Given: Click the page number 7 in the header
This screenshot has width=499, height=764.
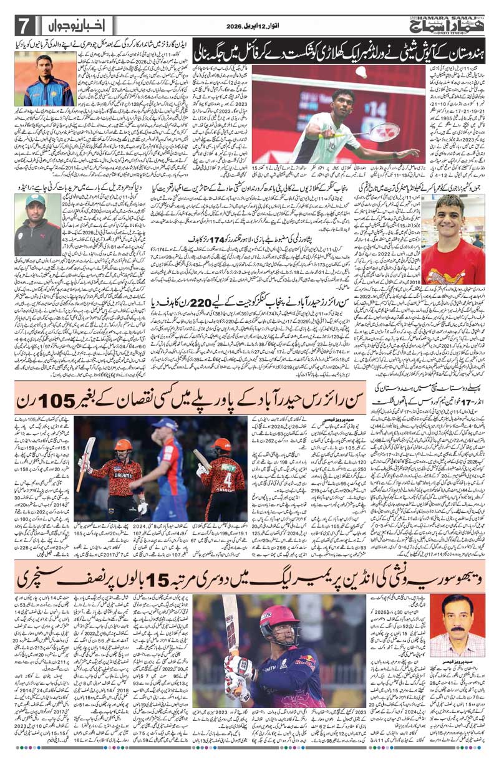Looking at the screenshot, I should pyautogui.click(x=23, y=26).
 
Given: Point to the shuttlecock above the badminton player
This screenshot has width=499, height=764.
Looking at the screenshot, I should pyautogui.click(x=360, y=72).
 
